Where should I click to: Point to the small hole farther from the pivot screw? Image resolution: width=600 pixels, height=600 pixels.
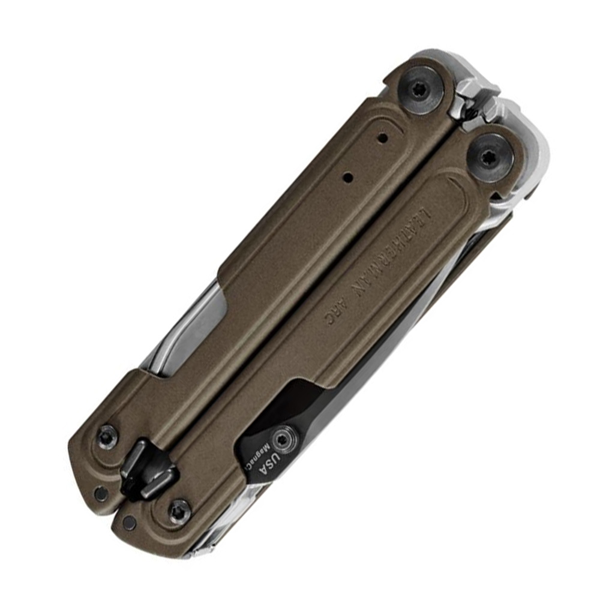(347, 178)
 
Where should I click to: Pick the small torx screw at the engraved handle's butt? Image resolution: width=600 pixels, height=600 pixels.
(178, 511)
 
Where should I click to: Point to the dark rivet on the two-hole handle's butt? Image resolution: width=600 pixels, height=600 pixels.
(101, 493)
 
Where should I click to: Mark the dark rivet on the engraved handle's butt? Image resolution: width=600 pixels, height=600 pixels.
(129, 523)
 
